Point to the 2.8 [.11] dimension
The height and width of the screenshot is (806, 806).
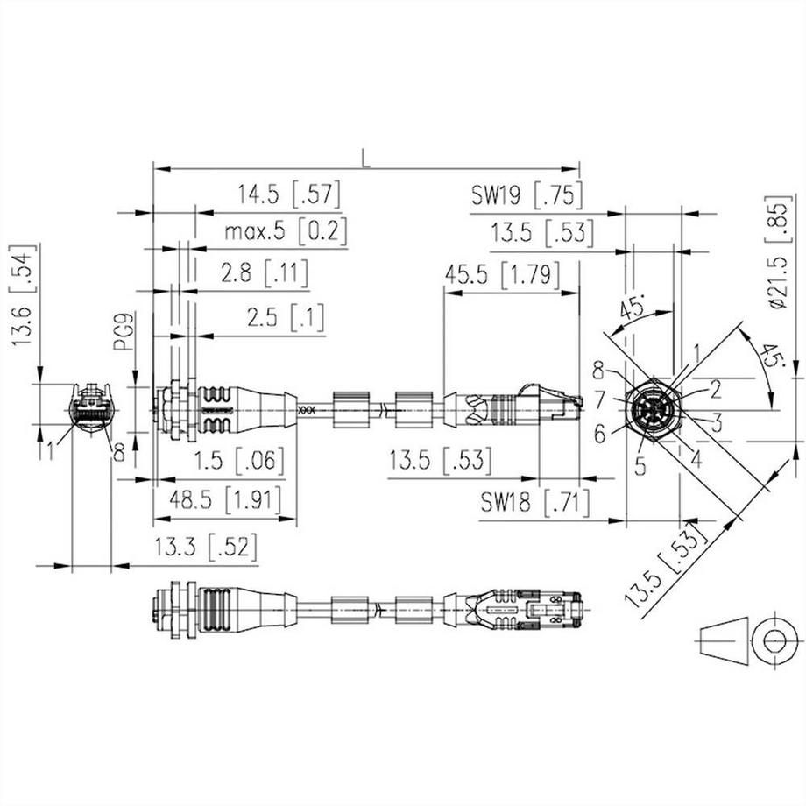265,274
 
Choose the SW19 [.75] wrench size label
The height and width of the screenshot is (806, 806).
527,194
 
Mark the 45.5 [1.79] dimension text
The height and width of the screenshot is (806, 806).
502,275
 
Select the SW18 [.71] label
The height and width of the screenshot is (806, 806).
534,503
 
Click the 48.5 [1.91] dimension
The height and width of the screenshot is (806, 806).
226,500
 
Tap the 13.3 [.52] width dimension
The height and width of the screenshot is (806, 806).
206,548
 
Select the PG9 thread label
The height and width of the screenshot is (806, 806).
124,333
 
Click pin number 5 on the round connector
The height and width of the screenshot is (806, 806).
640,467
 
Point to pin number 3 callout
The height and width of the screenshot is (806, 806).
716,425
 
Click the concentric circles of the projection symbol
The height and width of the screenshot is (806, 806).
774,640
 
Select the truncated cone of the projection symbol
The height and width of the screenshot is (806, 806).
725,640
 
